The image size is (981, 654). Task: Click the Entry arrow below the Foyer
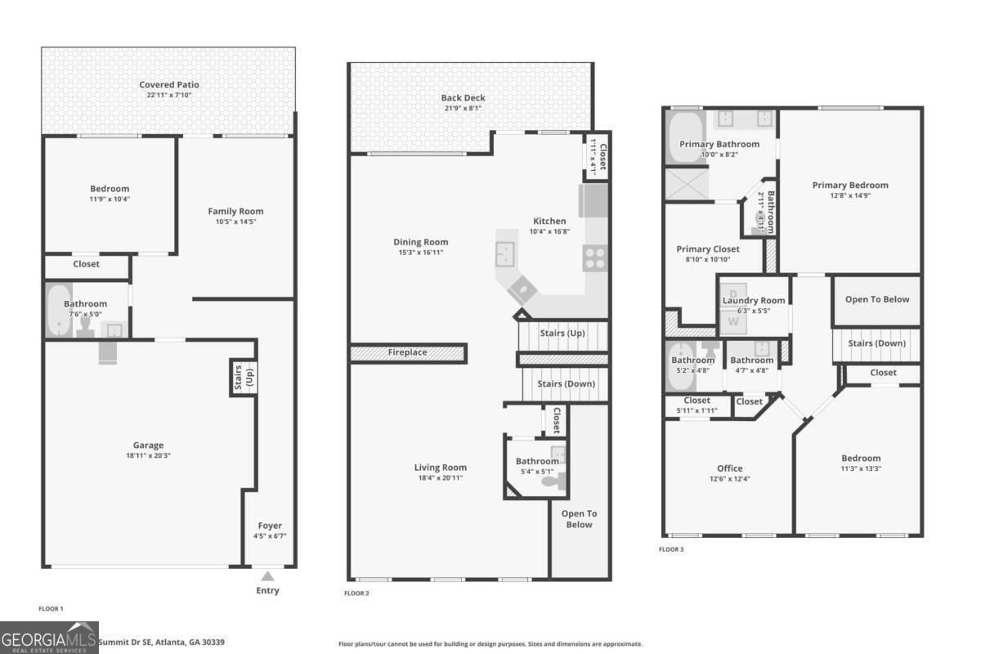[267, 576]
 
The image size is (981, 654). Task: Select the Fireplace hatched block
[407, 353]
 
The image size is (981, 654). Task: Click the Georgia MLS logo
[49, 638]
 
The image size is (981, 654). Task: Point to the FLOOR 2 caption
[356, 593]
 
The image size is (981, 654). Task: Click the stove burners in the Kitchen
[594, 259]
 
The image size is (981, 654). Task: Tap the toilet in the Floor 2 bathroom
[557, 482]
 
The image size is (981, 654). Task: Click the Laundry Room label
[753, 300]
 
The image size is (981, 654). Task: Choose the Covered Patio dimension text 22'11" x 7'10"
[168, 96]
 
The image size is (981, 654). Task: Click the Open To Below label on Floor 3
[876, 299]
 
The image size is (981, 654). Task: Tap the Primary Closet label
[707, 249]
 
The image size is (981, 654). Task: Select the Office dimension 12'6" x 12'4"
[729, 479]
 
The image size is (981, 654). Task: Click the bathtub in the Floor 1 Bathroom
[58, 311]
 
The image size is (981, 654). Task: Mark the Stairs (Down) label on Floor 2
[566, 383]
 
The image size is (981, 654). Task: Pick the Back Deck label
[463, 98]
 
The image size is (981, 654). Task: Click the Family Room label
[235, 211]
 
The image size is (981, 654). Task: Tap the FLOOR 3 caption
[671, 549]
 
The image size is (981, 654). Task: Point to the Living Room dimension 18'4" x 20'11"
[439, 478]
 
